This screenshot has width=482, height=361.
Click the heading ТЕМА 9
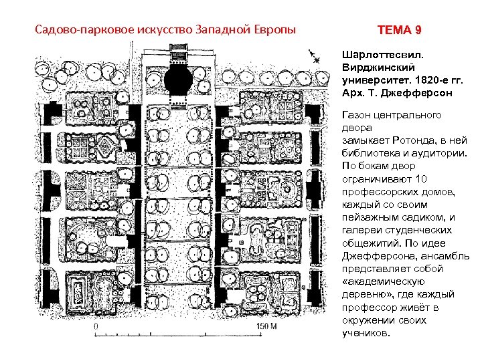click(400, 31)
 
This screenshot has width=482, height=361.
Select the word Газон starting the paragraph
click(358, 115)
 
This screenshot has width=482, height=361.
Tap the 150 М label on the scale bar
click(268, 326)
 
